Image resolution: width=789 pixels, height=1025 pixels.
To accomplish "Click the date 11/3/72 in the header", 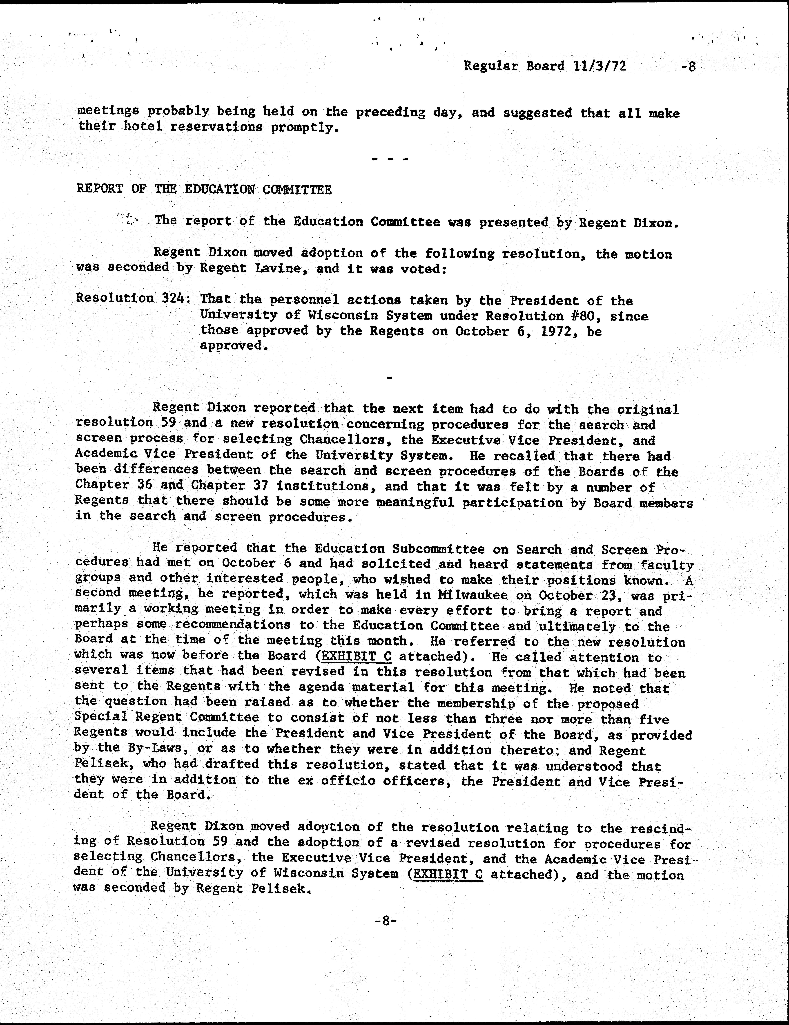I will [600, 66].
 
